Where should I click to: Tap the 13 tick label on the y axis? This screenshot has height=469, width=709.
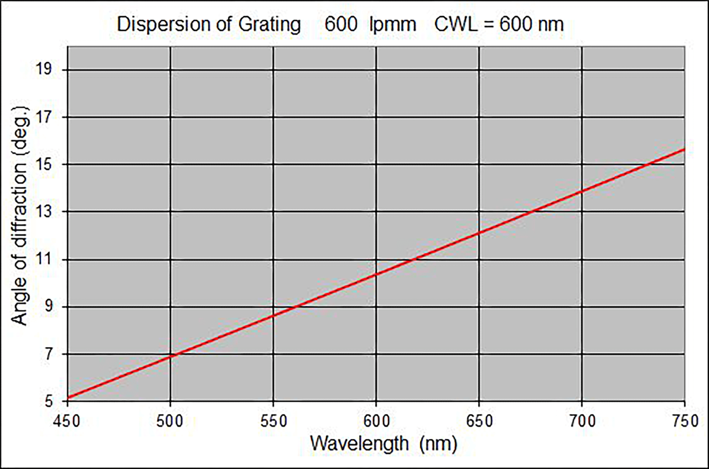click(x=44, y=212)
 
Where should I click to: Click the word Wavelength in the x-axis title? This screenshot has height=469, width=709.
click(x=359, y=444)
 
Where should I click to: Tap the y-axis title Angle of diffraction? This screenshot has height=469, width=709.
click(x=20, y=215)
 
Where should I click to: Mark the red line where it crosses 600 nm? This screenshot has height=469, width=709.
click(x=376, y=274)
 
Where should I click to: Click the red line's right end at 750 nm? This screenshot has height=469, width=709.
click(x=684, y=149)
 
